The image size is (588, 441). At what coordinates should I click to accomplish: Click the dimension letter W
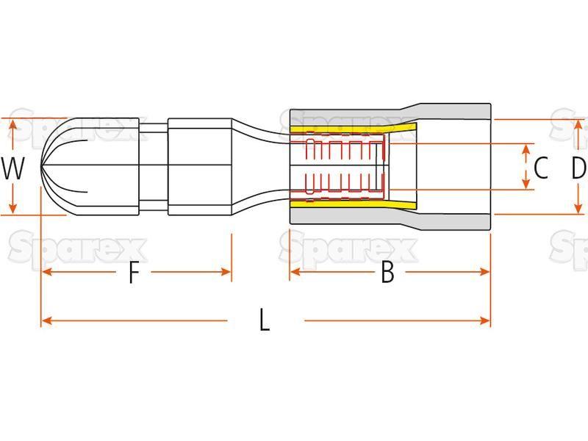13,168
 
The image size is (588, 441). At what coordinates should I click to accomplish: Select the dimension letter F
134,272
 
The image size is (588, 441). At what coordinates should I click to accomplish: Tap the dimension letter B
387,272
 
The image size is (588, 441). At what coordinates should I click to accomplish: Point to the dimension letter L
265,320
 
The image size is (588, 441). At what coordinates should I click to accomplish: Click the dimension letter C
540,168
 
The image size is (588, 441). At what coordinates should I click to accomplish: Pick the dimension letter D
579,168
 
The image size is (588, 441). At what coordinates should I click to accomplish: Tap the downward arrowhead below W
13,208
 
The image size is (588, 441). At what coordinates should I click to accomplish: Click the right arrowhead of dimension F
226,272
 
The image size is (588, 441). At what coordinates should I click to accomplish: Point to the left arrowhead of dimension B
295,271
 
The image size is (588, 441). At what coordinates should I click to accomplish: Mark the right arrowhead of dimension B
484,271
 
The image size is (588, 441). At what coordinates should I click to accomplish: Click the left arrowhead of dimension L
47,320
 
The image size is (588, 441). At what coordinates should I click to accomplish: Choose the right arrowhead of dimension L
484,320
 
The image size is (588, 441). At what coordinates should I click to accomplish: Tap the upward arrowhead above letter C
526,150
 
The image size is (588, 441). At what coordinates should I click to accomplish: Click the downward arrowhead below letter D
579,208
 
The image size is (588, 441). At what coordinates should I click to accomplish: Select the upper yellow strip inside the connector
353,129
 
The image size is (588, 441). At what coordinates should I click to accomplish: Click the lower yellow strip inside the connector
353,204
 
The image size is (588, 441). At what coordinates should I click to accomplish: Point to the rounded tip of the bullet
42,166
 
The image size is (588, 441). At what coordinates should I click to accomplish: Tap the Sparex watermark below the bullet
78,249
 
